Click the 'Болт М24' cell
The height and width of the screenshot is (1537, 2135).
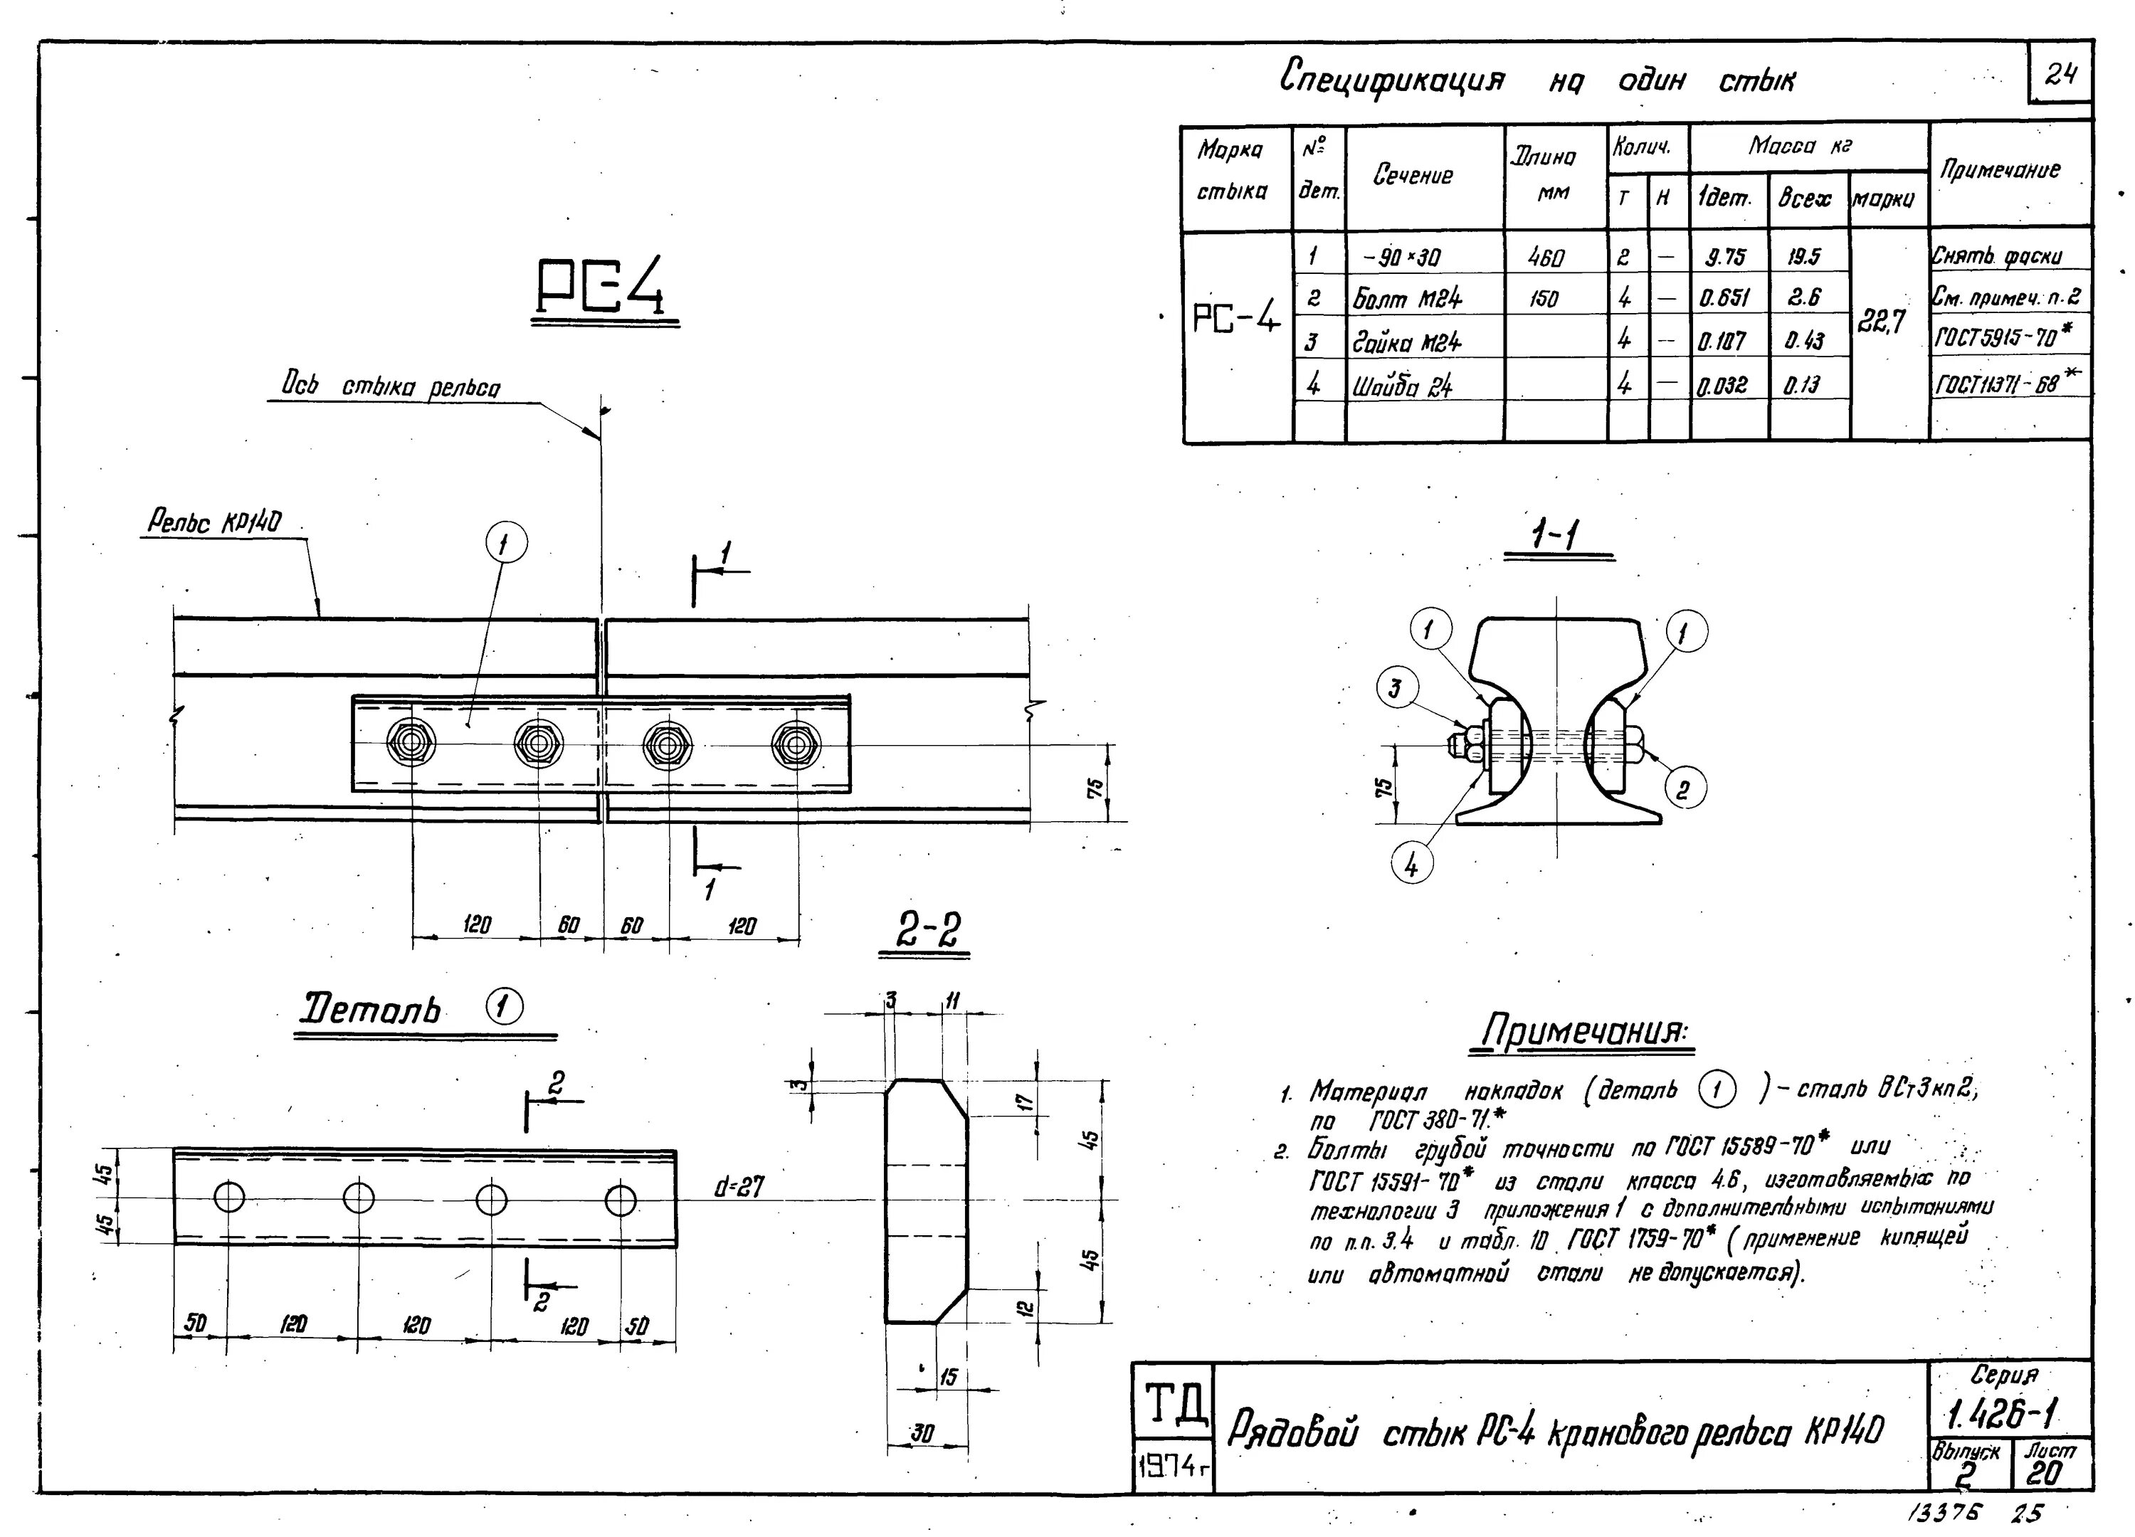pos(1408,300)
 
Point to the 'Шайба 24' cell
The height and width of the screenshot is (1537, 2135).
pos(1403,385)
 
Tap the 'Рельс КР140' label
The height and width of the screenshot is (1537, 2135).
pos(215,522)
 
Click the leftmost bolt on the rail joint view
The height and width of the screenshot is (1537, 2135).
pos(411,744)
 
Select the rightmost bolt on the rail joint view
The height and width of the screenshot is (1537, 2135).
pos(796,746)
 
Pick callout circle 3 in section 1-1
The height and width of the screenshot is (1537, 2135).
pos(1395,689)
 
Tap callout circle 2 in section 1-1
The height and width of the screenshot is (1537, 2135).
pos(1683,788)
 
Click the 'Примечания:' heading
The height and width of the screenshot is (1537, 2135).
pos(1581,1030)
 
